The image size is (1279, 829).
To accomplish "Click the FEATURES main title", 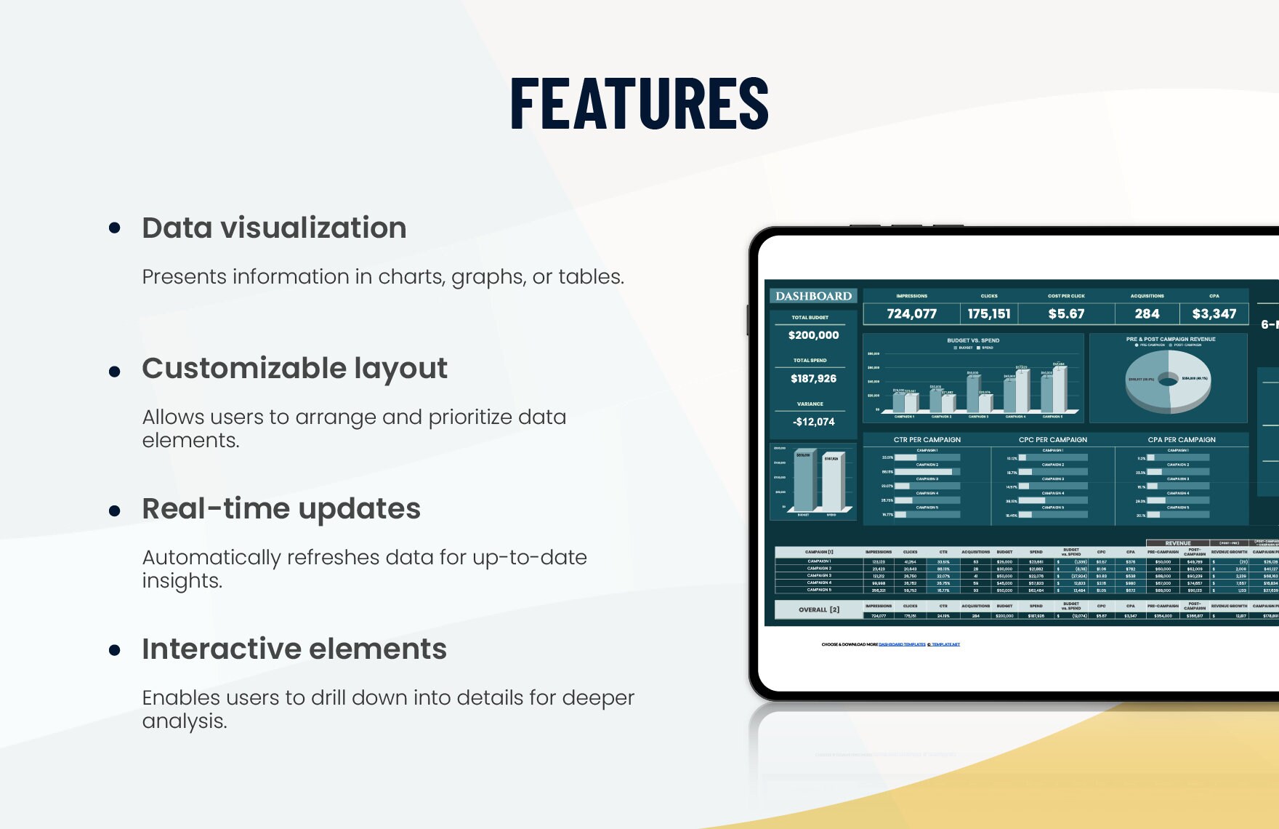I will click(639, 104).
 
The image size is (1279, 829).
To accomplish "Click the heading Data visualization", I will click(274, 228).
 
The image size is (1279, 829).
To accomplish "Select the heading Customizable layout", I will click(294, 368).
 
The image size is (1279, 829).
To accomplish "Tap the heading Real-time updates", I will click(281, 508).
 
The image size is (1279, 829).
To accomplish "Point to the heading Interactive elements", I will click(294, 649).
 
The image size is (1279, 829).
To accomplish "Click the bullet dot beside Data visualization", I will click(114, 228).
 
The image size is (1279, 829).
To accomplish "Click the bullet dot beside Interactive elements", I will click(114, 650).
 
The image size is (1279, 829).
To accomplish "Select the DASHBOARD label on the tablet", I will click(813, 296).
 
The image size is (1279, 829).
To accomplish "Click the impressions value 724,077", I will click(911, 313).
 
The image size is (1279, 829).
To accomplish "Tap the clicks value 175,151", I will click(988, 313).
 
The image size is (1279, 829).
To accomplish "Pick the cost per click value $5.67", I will click(1066, 313).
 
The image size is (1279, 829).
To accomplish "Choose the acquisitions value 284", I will click(1147, 313).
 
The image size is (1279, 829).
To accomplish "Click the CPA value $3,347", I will click(1214, 313).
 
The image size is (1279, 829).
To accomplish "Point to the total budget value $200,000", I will click(813, 335).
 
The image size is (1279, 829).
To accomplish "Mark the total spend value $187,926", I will click(813, 378).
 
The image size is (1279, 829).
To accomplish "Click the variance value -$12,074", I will click(813, 422).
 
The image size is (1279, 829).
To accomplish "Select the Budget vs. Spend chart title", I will click(972, 340).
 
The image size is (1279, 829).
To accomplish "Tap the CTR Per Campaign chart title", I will click(927, 440).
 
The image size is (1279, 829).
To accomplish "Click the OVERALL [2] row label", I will click(818, 609).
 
